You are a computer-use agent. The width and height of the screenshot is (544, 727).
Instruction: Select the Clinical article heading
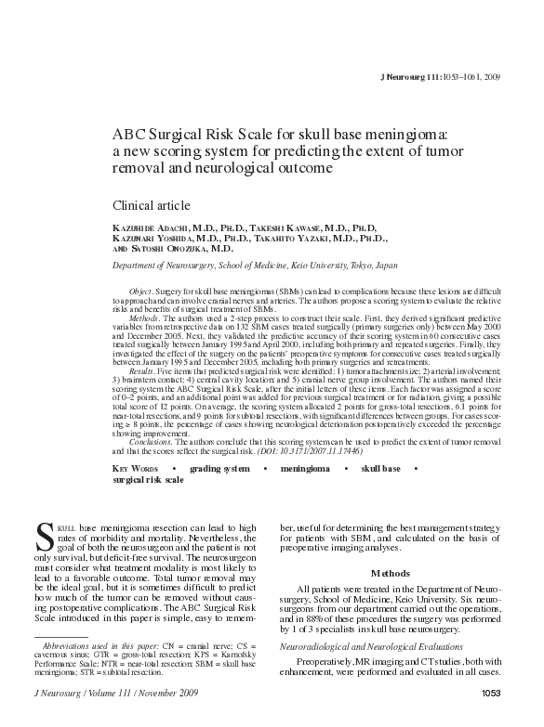pos(151,204)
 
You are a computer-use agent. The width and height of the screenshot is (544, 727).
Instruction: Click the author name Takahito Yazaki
pos(300,237)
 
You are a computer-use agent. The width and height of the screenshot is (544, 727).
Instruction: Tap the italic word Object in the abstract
pos(139,292)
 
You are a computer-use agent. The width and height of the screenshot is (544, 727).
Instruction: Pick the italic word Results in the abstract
pos(142,372)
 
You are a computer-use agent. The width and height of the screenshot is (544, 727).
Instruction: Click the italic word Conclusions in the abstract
pos(151,442)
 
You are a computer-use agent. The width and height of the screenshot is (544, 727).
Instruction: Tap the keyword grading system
pos(219,469)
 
